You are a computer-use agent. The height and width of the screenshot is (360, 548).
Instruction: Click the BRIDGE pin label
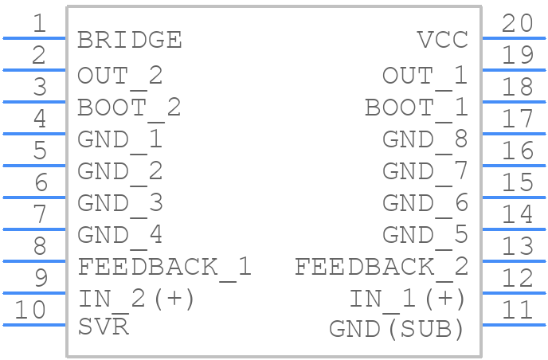[129, 40]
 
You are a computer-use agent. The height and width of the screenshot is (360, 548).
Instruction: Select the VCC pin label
[442, 40]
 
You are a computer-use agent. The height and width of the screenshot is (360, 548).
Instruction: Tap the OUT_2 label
[119, 76]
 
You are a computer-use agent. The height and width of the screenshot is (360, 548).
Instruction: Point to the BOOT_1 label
[417, 108]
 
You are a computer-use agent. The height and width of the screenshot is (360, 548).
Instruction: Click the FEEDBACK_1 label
[164, 268]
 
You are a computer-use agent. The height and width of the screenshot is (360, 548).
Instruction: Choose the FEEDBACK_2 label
[382, 268]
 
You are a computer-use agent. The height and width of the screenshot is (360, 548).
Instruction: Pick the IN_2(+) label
[135, 300]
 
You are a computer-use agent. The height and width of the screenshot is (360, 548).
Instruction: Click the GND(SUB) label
[397, 329]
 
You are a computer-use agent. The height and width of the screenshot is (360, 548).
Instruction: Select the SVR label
[103, 327]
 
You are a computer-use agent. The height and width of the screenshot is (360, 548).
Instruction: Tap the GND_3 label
[119, 204]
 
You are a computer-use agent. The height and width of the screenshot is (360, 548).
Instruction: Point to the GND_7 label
[425, 172]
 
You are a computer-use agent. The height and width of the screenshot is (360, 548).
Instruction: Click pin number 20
[518, 23]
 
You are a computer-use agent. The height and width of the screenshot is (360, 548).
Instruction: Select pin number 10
[30, 310]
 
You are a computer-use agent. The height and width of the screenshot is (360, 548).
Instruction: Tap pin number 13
[518, 246]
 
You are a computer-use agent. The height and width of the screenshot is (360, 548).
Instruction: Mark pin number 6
[41, 182]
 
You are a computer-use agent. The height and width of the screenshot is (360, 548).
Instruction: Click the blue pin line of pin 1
[34, 38]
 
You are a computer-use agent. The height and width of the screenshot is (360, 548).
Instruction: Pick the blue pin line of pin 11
[514, 325]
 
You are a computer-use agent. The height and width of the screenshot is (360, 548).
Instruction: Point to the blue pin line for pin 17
[514, 134]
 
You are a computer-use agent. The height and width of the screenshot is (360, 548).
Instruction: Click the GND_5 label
[425, 236]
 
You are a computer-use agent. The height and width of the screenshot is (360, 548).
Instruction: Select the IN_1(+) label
[407, 300]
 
